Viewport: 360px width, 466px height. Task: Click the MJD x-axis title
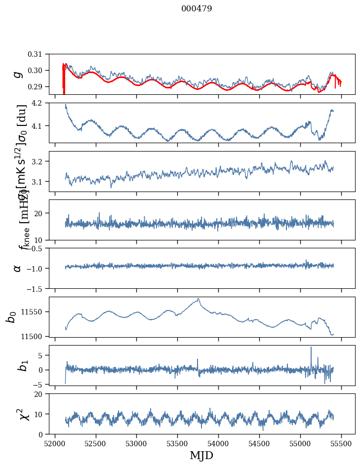(x=201, y=456)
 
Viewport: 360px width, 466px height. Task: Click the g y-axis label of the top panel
(x=18, y=74)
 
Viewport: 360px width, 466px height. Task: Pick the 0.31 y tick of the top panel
(x=42, y=54)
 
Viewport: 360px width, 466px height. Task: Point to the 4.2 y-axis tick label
(x=43, y=103)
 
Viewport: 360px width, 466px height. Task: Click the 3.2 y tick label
(x=43, y=161)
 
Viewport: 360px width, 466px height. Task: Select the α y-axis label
(x=17, y=268)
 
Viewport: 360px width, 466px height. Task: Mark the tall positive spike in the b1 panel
(x=311, y=348)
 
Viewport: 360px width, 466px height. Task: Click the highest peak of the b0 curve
(x=199, y=299)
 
